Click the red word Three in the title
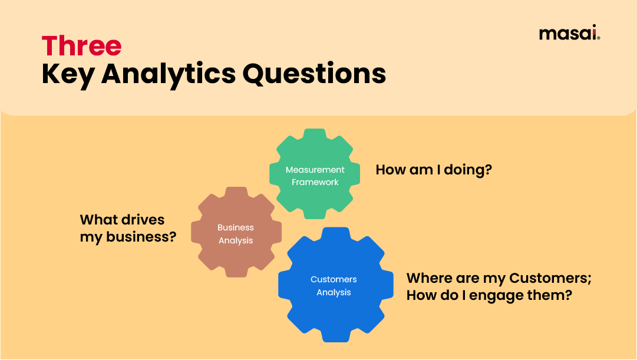pos(81,46)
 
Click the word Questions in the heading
pos(315,74)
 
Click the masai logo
pos(569,33)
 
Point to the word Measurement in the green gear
pos(315,170)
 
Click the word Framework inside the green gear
pos(315,182)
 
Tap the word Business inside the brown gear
pos(236,227)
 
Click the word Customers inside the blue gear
pos(334,279)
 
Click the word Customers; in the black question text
pos(550,278)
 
